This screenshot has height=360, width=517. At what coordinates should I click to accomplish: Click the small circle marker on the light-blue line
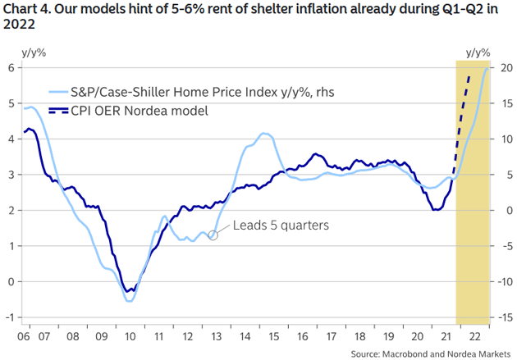213,235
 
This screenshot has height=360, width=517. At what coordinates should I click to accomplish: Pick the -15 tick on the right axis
505,317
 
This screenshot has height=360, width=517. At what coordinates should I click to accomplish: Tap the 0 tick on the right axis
507,210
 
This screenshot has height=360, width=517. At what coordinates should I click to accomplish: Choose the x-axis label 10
130,335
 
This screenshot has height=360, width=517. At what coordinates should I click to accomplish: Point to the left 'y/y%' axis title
34,52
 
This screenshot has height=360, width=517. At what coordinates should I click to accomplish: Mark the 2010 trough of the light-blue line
130,301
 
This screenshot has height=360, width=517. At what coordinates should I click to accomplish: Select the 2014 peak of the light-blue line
264,134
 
